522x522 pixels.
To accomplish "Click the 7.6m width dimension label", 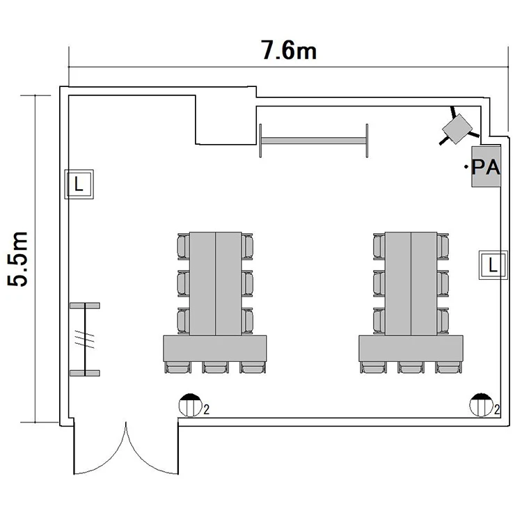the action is (x=289, y=51).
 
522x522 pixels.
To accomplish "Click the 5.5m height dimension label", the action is (x=17, y=259).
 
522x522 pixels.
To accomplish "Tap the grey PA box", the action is (x=486, y=166).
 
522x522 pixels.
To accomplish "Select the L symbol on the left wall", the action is (x=79, y=184).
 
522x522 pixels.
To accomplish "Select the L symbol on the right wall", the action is (x=493, y=265).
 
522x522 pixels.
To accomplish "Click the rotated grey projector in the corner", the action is (x=457, y=129).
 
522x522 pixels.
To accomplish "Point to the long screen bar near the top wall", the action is (x=313, y=141).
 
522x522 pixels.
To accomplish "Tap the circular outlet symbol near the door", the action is (x=190, y=405).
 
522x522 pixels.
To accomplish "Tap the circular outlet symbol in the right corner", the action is (x=481, y=405).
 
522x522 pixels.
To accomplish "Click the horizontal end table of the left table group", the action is (x=215, y=349).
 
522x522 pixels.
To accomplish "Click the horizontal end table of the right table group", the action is (x=411, y=349).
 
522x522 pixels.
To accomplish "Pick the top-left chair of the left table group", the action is (x=184, y=246).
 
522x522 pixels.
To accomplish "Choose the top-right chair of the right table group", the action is (x=443, y=246).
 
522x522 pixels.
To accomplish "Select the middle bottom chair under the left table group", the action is (x=215, y=367).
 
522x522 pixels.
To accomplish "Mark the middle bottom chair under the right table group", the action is (x=411, y=367).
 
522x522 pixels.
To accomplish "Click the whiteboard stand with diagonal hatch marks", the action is (x=85, y=339).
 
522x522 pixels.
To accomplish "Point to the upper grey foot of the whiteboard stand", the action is (x=85, y=306).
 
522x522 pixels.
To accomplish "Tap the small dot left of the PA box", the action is (x=466, y=166).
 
